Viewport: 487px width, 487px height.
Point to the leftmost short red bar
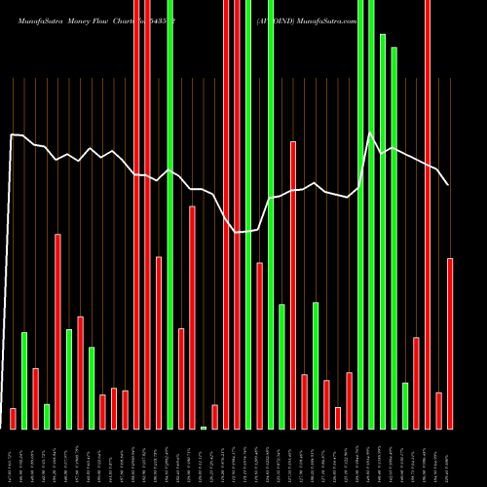tap(13, 418)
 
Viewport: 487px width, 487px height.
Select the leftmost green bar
tap(24, 380)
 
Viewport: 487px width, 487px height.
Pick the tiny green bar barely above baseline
tap(204, 427)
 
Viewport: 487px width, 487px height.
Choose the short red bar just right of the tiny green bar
tap(214, 416)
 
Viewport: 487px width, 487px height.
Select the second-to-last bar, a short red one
tap(438, 410)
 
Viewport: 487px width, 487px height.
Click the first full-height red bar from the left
tap(136, 214)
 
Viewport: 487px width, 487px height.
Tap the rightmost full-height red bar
tap(428, 214)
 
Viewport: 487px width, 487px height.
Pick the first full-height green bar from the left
tap(170, 214)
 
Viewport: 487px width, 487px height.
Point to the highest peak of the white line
tap(370, 131)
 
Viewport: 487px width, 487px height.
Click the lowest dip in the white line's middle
tap(237, 232)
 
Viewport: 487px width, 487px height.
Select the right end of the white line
tap(448, 184)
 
